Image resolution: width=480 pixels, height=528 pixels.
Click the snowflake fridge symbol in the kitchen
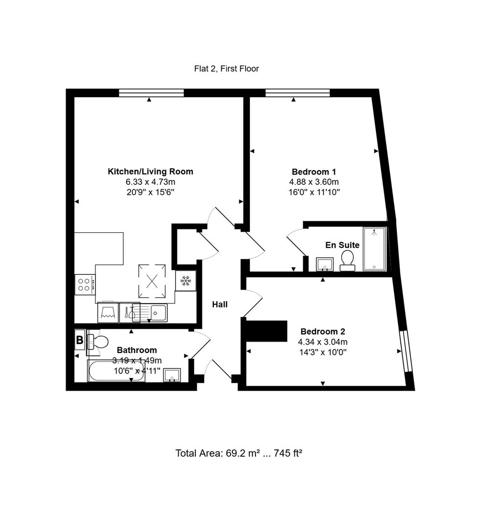pos(185,281)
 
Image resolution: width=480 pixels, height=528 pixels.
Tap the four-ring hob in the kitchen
pos(84,285)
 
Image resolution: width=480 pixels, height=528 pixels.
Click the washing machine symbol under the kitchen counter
pos(108,312)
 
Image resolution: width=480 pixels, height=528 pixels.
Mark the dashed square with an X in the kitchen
pos(152,281)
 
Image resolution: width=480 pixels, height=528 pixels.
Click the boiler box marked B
pos(79,340)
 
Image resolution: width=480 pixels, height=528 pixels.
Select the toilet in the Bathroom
pos(97,342)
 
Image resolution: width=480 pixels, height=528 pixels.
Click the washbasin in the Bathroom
pos(172,374)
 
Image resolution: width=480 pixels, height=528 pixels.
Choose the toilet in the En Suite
pos(347,260)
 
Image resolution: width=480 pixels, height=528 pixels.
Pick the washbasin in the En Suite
pos(324,264)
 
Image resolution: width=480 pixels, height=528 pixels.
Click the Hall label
pos(220,305)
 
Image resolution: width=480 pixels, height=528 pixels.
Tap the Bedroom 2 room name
pos(324,331)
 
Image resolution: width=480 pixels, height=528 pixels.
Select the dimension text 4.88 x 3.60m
pos(314,182)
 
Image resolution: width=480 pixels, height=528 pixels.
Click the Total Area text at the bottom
pos(239,453)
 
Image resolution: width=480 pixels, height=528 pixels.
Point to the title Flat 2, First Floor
pos(226,69)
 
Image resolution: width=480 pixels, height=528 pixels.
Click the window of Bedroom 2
pos(404,352)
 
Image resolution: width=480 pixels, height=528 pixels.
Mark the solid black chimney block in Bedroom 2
pos(265,330)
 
